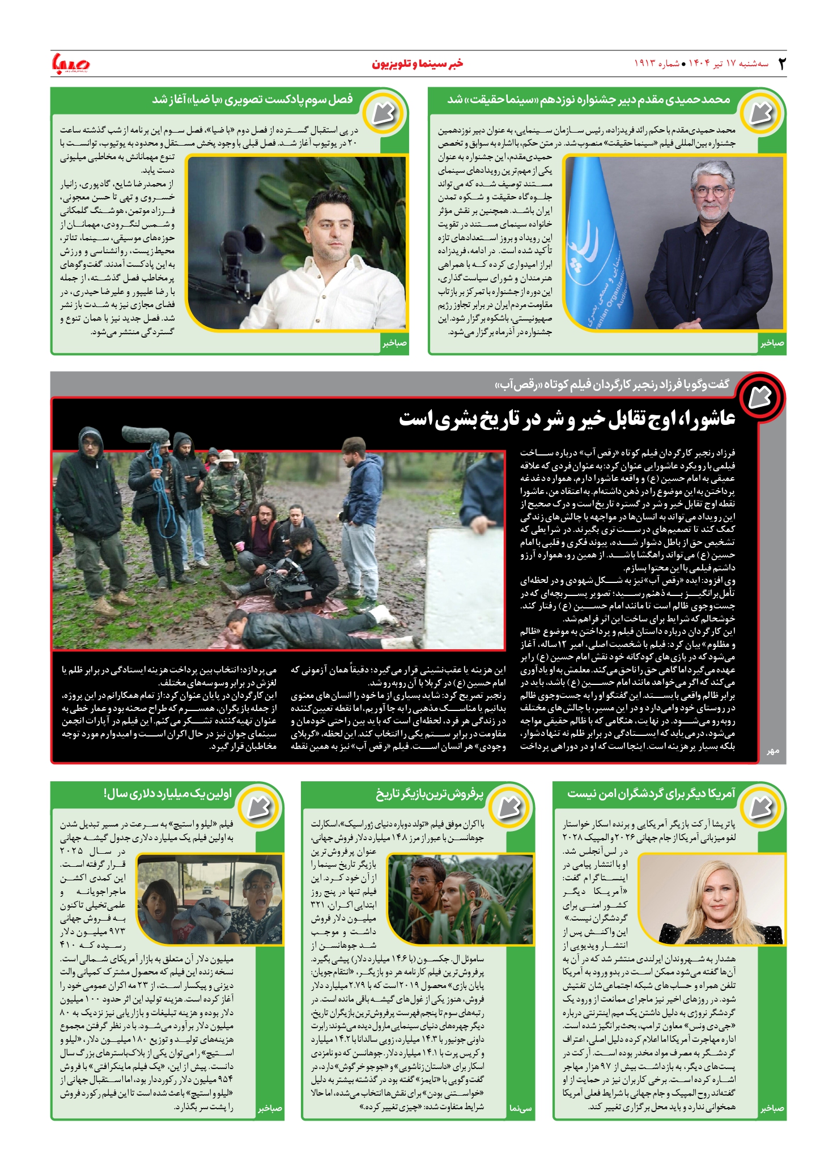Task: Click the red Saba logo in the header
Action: coord(71,63)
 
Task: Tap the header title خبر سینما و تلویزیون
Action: coord(417,63)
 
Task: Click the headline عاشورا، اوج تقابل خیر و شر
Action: coord(567,419)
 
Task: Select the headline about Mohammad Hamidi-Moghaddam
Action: coord(589,100)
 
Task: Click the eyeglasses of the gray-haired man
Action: coord(712,191)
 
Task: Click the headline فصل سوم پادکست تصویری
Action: coord(252,100)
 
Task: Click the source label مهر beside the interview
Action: coord(773,751)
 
